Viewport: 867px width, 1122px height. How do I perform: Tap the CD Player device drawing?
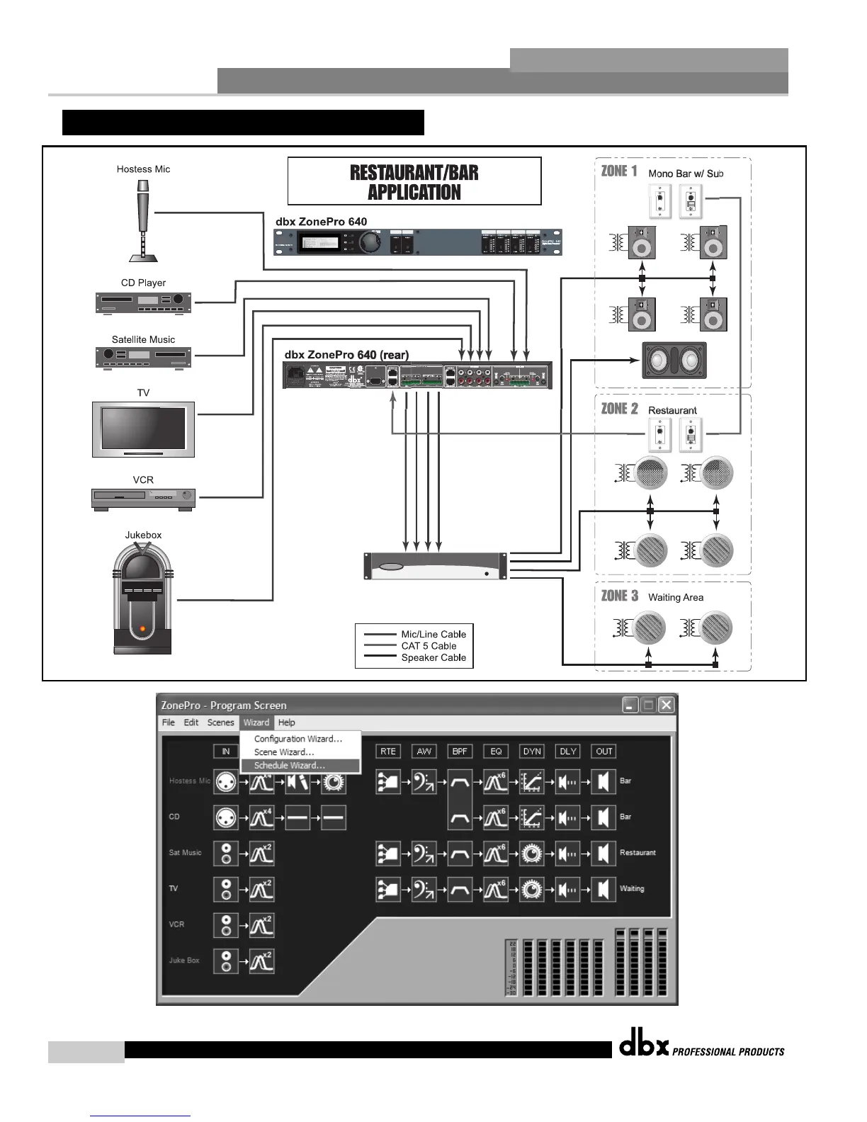point(143,302)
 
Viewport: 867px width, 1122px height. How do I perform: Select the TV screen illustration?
point(143,429)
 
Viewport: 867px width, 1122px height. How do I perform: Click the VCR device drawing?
point(143,498)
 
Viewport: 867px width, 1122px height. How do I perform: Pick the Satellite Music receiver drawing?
point(143,356)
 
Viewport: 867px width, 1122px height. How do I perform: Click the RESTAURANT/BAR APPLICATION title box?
point(414,181)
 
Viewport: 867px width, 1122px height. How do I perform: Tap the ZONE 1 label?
point(619,171)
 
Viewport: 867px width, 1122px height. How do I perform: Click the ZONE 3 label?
point(619,596)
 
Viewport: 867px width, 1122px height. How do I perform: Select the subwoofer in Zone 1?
point(674,361)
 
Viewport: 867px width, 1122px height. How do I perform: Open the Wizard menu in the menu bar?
point(256,722)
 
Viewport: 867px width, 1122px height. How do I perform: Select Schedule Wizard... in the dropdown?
point(289,766)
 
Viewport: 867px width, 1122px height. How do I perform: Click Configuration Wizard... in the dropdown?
point(297,739)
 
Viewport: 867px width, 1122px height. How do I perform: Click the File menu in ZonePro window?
point(168,722)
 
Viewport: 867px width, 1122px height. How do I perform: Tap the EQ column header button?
point(496,752)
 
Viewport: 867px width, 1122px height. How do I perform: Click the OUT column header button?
point(604,752)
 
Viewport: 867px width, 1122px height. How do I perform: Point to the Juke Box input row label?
point(184,960)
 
